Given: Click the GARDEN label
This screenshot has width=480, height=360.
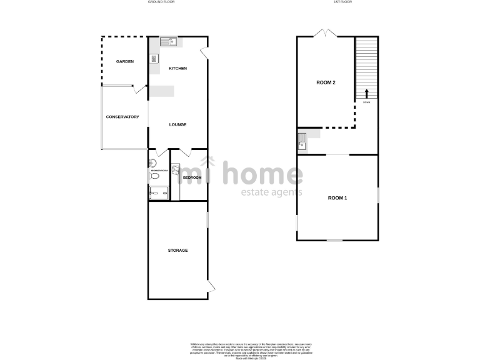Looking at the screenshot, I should click(126, 61).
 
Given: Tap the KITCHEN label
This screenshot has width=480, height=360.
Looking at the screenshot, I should click(178, 68).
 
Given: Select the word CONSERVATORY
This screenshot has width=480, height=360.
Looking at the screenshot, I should click(122, 117).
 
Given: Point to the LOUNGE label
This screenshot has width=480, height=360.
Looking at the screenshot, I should click(178, 124).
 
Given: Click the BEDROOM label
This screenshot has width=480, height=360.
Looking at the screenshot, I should click(192, 178).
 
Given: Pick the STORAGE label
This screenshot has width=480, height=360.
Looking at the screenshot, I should click(178, 250).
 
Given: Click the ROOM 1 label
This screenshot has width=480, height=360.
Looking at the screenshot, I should click(337, 197).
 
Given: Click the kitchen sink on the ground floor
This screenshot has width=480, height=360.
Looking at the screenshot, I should click(169, 42).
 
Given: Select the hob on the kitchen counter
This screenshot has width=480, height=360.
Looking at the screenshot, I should click(154, 59).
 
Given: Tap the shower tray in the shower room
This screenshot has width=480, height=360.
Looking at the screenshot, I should click(159, 192).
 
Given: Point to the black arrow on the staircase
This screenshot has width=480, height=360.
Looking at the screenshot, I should click(366, 94).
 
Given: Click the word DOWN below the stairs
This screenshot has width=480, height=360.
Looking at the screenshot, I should click(366, 102).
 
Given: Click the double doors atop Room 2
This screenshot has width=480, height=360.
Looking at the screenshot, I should click(325, 33).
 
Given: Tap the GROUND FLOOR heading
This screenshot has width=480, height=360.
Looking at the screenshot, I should click(160, 2).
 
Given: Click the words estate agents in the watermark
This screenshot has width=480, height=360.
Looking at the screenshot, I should click(272, 192).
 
